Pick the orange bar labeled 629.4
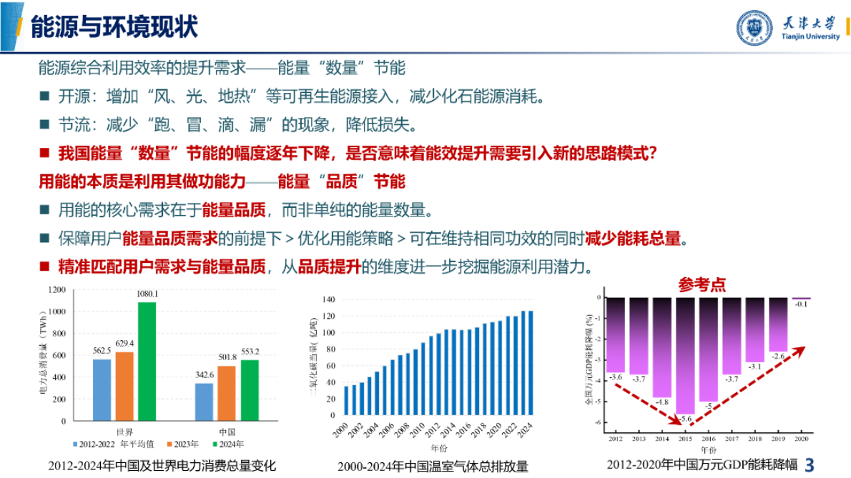click(x=124, y=386)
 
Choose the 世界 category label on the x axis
click(x=124, y=432)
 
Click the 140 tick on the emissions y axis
click(x=329, y=298)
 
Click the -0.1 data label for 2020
click(x=801, y=304)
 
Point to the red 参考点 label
click(x=702, y=284)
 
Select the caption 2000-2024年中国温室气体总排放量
click(x=433, y=467)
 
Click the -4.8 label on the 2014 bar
click(x=661, y=402)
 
